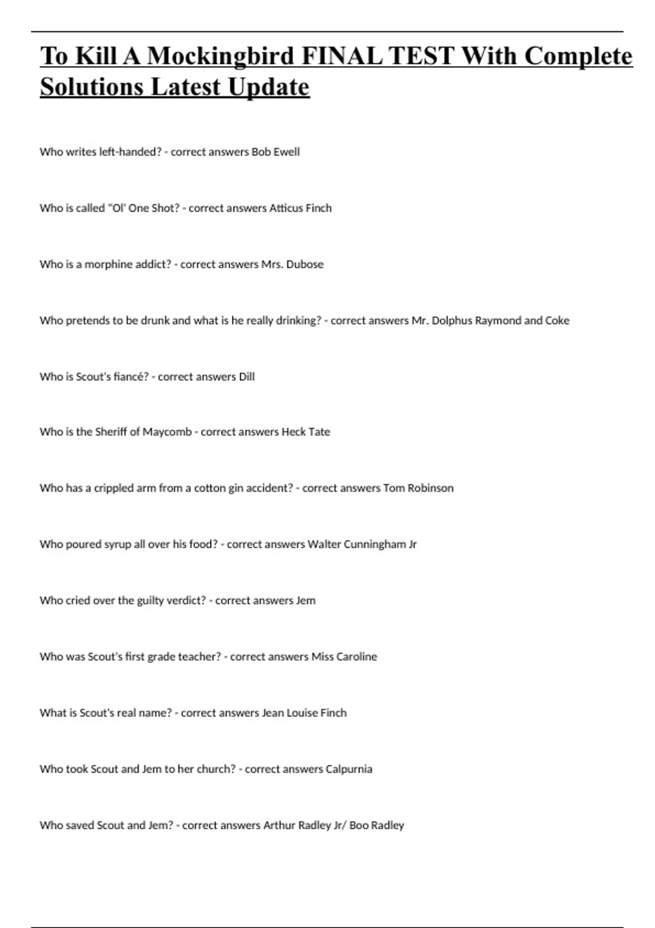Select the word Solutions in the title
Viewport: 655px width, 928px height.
[x=91, y=87]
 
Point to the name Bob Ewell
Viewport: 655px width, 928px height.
[x=275, y=152]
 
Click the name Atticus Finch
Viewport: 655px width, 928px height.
[x=300, y=208]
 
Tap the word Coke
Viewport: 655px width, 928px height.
[x=557, y=320]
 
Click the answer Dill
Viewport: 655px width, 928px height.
[x=247, y=377]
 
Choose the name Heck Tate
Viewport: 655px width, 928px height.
[x=306, y=432]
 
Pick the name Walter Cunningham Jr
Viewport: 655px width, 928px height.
[x=362, y=544]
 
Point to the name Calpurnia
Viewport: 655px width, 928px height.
[x=349, y=769]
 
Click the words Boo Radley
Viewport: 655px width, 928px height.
[x=377, y=825]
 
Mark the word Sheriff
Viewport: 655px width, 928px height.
[x=116, y=432]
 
